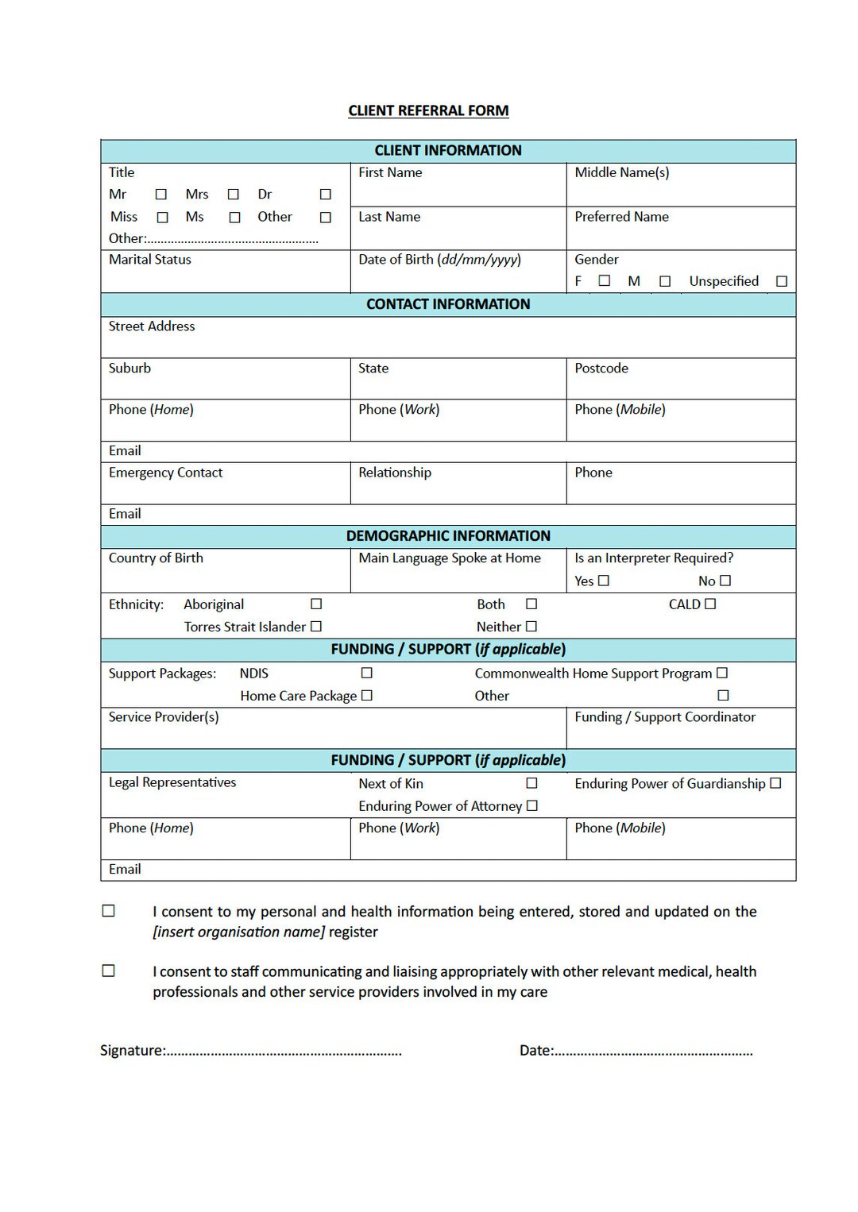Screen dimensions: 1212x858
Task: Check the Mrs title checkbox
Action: [x=233, y=195]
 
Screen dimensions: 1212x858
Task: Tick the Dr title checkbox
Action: [x=325, y=195]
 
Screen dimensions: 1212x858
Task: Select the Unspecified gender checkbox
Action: [x=782, y=281]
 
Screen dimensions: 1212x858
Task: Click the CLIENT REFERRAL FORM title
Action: [x=428, y=111]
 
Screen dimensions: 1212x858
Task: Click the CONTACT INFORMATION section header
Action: [x=448, y=304]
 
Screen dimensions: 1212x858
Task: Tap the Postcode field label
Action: [x=601, y=369]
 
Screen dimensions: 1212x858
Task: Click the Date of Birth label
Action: [x=439, y=260]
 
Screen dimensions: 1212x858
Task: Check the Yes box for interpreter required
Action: [x=604, y=581]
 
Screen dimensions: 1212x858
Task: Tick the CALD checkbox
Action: [x=710, y=604]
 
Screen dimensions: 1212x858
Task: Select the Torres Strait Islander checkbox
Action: [x=316, y=626]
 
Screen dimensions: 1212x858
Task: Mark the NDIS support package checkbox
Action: [x=366, y=673]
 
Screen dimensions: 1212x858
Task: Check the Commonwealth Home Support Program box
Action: [x=722, y=673]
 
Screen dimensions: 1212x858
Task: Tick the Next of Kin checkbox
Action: [x=531, y=783]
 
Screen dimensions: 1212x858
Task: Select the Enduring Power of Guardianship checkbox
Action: [x=776, y=783]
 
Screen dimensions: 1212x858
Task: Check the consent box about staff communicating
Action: [x=109, y=971]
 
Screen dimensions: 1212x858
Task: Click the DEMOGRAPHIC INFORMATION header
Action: [x=448, y=536]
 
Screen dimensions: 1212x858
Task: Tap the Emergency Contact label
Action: [x=165, y=473]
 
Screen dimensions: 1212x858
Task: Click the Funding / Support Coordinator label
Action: [x=665, y=717]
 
